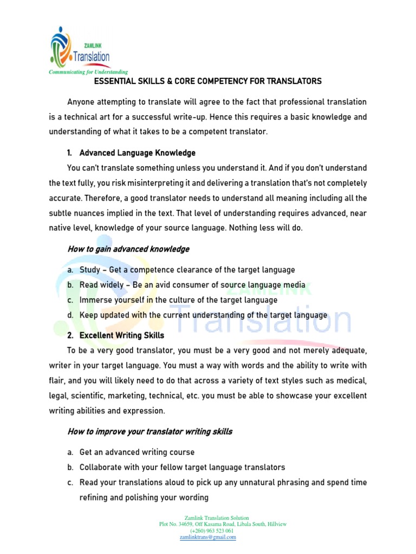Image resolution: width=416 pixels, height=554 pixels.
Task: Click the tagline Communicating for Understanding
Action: [x=88, y=71]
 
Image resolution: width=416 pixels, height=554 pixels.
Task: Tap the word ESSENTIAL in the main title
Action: [x=114, y=81]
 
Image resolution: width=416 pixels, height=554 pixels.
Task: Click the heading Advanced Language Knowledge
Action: [x=137, y=153]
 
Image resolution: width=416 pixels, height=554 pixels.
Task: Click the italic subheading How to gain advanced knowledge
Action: [x=128, y=249]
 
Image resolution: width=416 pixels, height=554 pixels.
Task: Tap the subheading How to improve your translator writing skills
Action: [x=149, y=431]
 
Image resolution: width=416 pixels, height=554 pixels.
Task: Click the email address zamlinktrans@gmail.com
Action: [x=208, y=537]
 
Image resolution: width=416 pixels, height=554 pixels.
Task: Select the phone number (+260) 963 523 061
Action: [x=208, y=531]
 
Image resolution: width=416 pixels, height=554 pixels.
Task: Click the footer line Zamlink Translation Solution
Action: [x=208, y=518]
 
